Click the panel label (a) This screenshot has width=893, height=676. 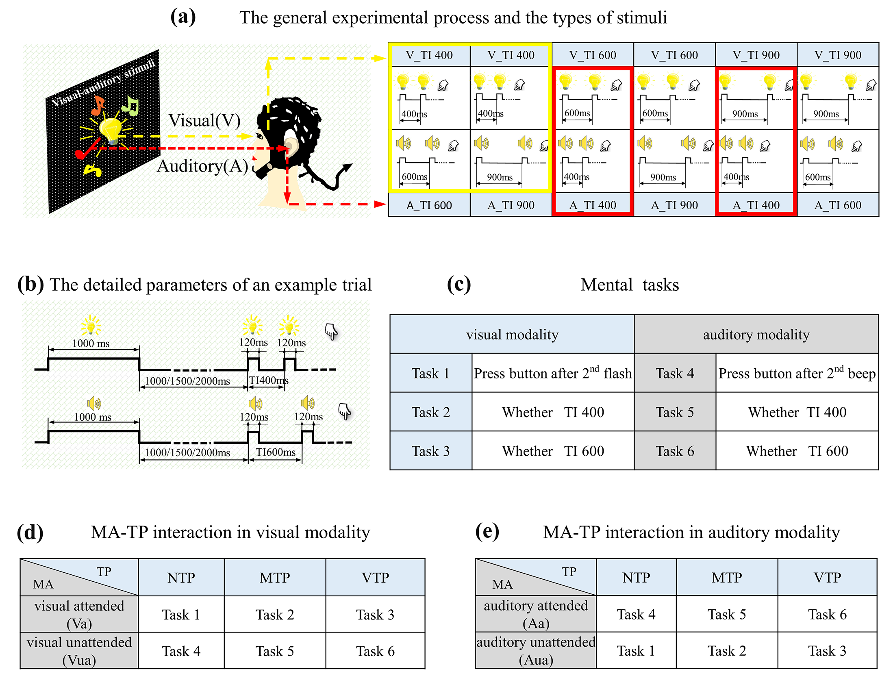click(183, 17)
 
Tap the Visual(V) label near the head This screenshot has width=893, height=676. click(204, 120)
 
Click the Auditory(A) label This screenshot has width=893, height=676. click(202, 166)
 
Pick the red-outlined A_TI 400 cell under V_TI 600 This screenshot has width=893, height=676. click(593, 205)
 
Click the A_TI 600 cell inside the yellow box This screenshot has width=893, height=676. click(429, 205)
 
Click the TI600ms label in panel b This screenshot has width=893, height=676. click(276, 452)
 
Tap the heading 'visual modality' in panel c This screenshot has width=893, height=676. click(512, 335)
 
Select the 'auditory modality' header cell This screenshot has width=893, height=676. click(756, 335)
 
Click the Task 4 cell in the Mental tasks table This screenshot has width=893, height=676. click(675, 373)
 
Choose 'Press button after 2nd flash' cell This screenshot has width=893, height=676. click(553, 373)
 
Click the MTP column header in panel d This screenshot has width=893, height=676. click(275, 578)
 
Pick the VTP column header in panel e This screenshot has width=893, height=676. click(827, 578)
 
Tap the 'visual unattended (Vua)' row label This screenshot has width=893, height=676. click(79, 650)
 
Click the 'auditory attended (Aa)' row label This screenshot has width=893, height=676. click(536, 614)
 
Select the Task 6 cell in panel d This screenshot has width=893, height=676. click(375, 651)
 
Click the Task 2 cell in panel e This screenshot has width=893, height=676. click(727, 651)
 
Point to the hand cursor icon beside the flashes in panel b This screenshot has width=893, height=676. click(331, 332)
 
